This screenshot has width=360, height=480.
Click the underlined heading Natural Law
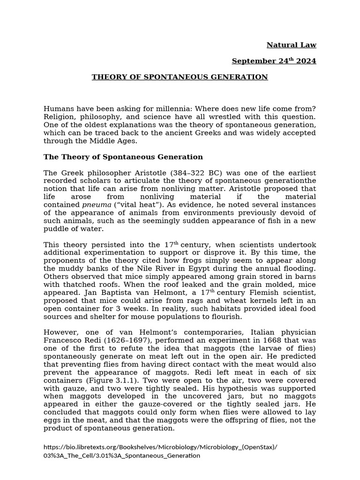click(x=291, y=45)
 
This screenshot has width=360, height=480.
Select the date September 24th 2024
click(x=274, y=61)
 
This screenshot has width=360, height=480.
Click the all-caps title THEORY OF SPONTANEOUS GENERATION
click(x=180, y=77)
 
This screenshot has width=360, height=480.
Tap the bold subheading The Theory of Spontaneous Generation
click(x=123, y=157)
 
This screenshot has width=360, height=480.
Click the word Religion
click(x=60, y=117)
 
